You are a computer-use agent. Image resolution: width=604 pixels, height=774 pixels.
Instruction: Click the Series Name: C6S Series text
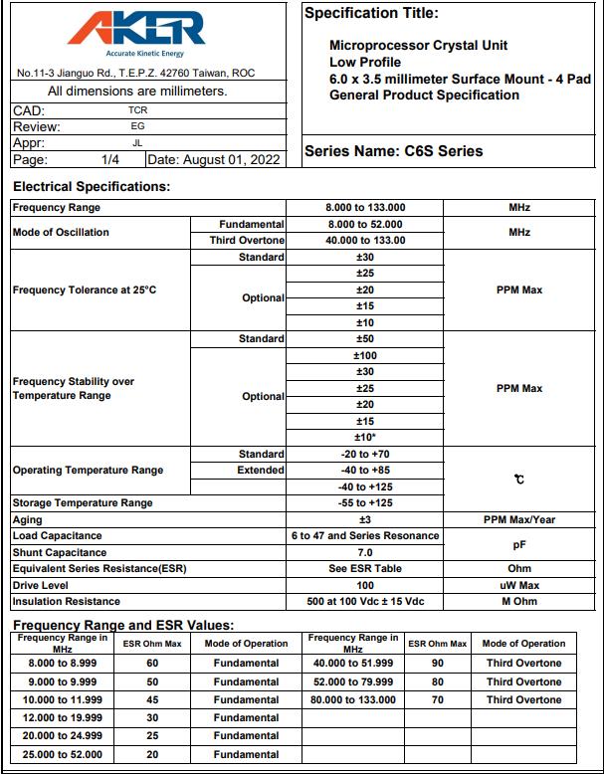click(393, 151)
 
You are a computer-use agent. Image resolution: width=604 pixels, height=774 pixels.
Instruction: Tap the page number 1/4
click(109, 159)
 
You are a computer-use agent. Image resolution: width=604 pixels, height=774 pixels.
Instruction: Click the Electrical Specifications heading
click(92, 186)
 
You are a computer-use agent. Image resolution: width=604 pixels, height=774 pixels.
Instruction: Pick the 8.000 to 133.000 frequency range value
click(365, 208)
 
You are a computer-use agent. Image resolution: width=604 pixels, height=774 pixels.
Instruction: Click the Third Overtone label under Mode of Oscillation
click(247, 241)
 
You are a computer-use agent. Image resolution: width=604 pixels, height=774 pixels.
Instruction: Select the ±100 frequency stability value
click(365, 355)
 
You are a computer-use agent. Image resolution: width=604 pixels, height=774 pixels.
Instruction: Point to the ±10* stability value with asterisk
click(365, 438)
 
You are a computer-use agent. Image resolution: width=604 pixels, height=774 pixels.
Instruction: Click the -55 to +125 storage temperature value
click(365, 503)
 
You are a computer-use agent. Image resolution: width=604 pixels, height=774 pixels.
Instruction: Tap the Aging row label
click(28, 519)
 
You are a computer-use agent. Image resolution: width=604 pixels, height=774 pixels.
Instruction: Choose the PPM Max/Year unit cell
click(518, 519)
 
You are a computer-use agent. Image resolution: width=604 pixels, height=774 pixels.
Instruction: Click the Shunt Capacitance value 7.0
click(365, 552)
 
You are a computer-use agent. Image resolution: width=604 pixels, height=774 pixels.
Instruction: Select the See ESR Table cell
click(365, 568)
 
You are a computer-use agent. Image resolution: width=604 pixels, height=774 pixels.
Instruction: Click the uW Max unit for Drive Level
click(518, 585)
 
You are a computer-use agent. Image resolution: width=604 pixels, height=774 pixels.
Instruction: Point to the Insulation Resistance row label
click(66, 601)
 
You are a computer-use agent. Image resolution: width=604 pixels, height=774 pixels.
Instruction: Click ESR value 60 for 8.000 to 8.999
click(152, 663)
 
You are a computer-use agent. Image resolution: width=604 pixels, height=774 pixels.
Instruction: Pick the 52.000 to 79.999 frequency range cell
click(353, 681)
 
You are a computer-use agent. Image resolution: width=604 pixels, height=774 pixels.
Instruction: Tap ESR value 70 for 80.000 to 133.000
click(437, 699)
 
